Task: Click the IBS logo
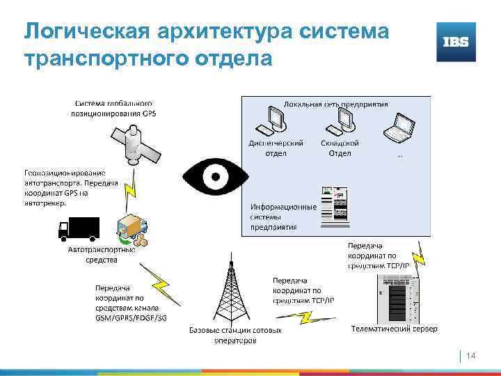click(456, 42)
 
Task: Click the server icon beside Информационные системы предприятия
click(333, 207)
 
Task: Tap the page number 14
click(470, 356)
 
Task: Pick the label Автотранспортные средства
click(102, 254)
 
